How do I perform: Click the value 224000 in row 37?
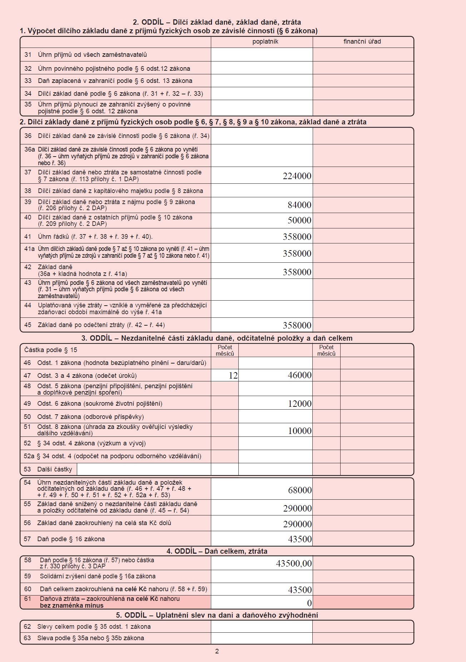click(x=297, y=176)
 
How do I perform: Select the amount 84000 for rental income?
click(x=299, y=205)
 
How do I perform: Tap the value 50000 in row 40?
click(x=299, y=220)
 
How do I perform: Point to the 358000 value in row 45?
click(x=297, y=325)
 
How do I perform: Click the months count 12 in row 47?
click(x=233, y=375)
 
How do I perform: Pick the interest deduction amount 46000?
click(x=299, y=375)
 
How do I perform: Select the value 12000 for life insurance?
click(x=300, y=404)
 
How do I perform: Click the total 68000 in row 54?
click(x=300, y=490)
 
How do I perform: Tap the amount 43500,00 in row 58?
click(x=294, y=564)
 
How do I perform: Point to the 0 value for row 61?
click(x=309, y=603)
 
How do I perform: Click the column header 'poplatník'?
click(x=265, y=41)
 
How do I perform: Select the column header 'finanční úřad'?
click(x=362, y=41)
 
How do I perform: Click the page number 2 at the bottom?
click(x=217, y=651)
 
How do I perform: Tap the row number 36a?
click(x=29, y=149)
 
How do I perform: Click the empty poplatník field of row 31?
click(x=262, y=55)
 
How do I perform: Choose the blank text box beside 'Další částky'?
click(x=144, y=469)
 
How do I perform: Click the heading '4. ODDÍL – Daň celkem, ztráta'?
click(x=217, y=551)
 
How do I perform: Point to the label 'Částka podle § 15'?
click(x=51, y=350)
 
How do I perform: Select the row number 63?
click(x=28, y=638)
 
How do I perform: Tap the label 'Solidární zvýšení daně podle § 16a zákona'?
click(x=98, y=576)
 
